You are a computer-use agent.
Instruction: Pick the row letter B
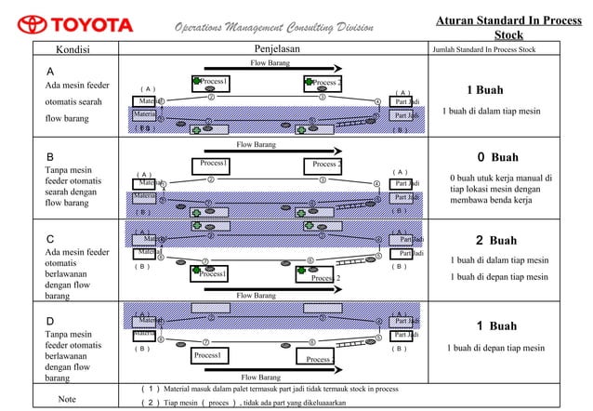click(x=51, y=156)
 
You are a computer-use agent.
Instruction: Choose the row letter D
click(x=52, y=321)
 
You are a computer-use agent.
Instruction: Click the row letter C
click(x=51, y=238)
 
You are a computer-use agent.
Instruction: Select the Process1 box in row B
click(x=215, y=166)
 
